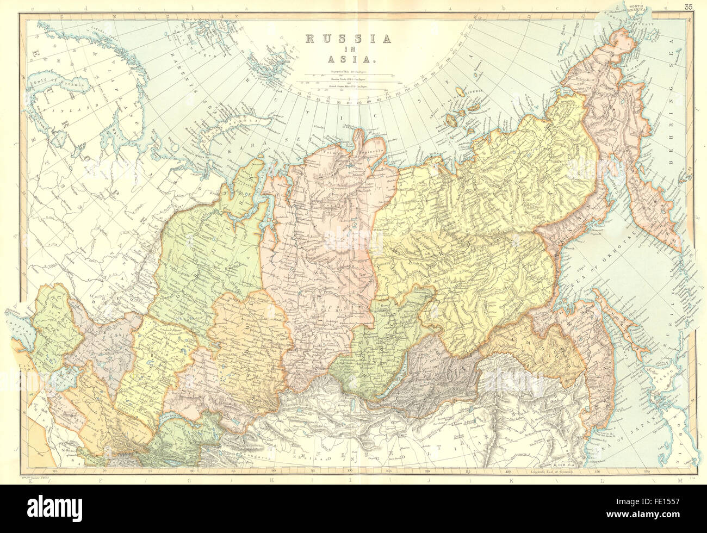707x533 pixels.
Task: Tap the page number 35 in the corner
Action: pos(689,7)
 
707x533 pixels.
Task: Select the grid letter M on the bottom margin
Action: pos(679,480)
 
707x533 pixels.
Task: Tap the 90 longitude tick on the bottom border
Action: pos(273,471)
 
